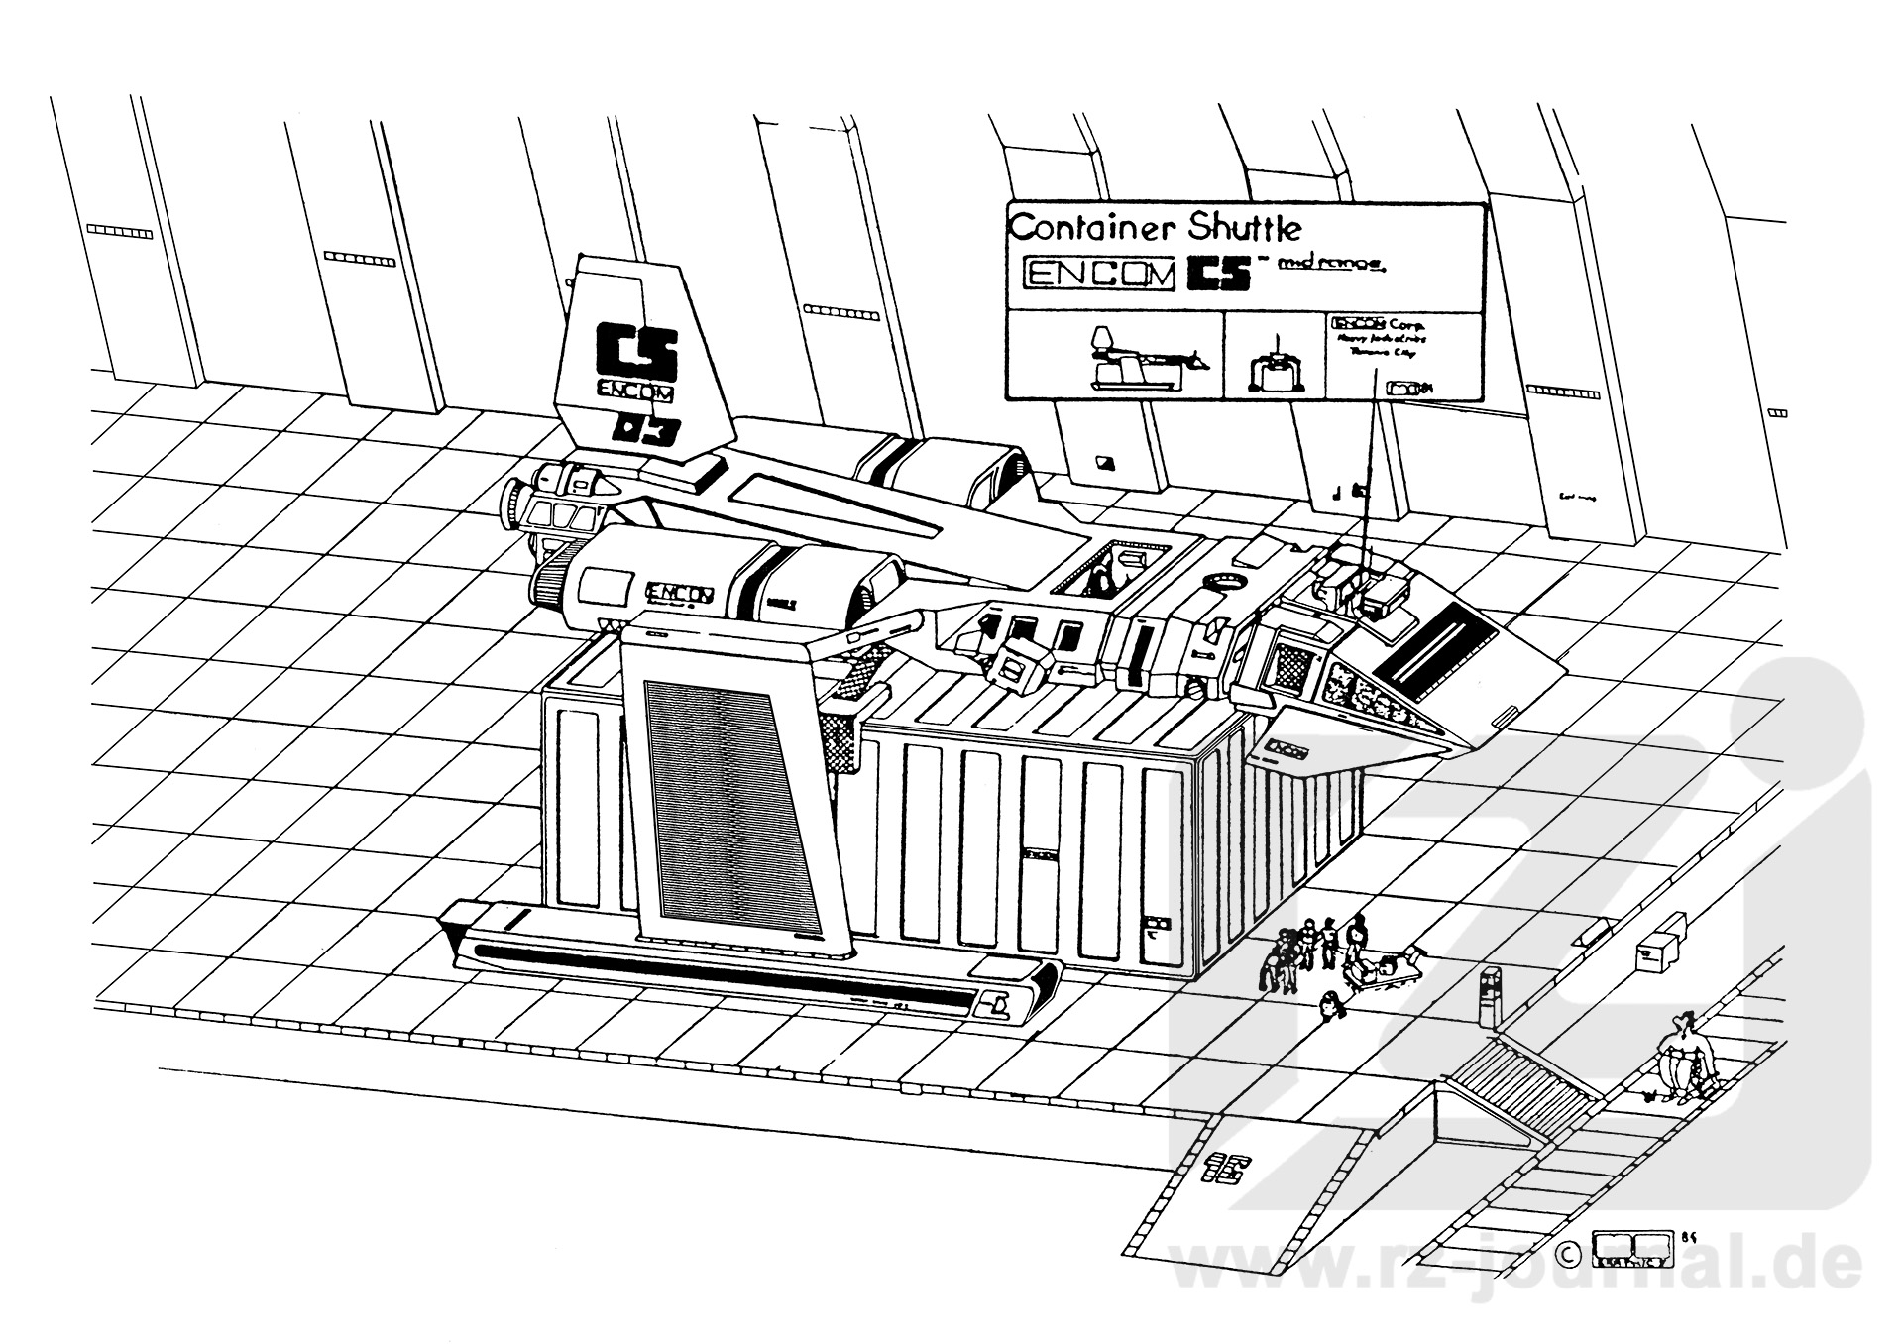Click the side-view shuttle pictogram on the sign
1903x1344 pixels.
click(1143, 361)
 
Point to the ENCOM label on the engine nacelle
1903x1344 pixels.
click(680, 594)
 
